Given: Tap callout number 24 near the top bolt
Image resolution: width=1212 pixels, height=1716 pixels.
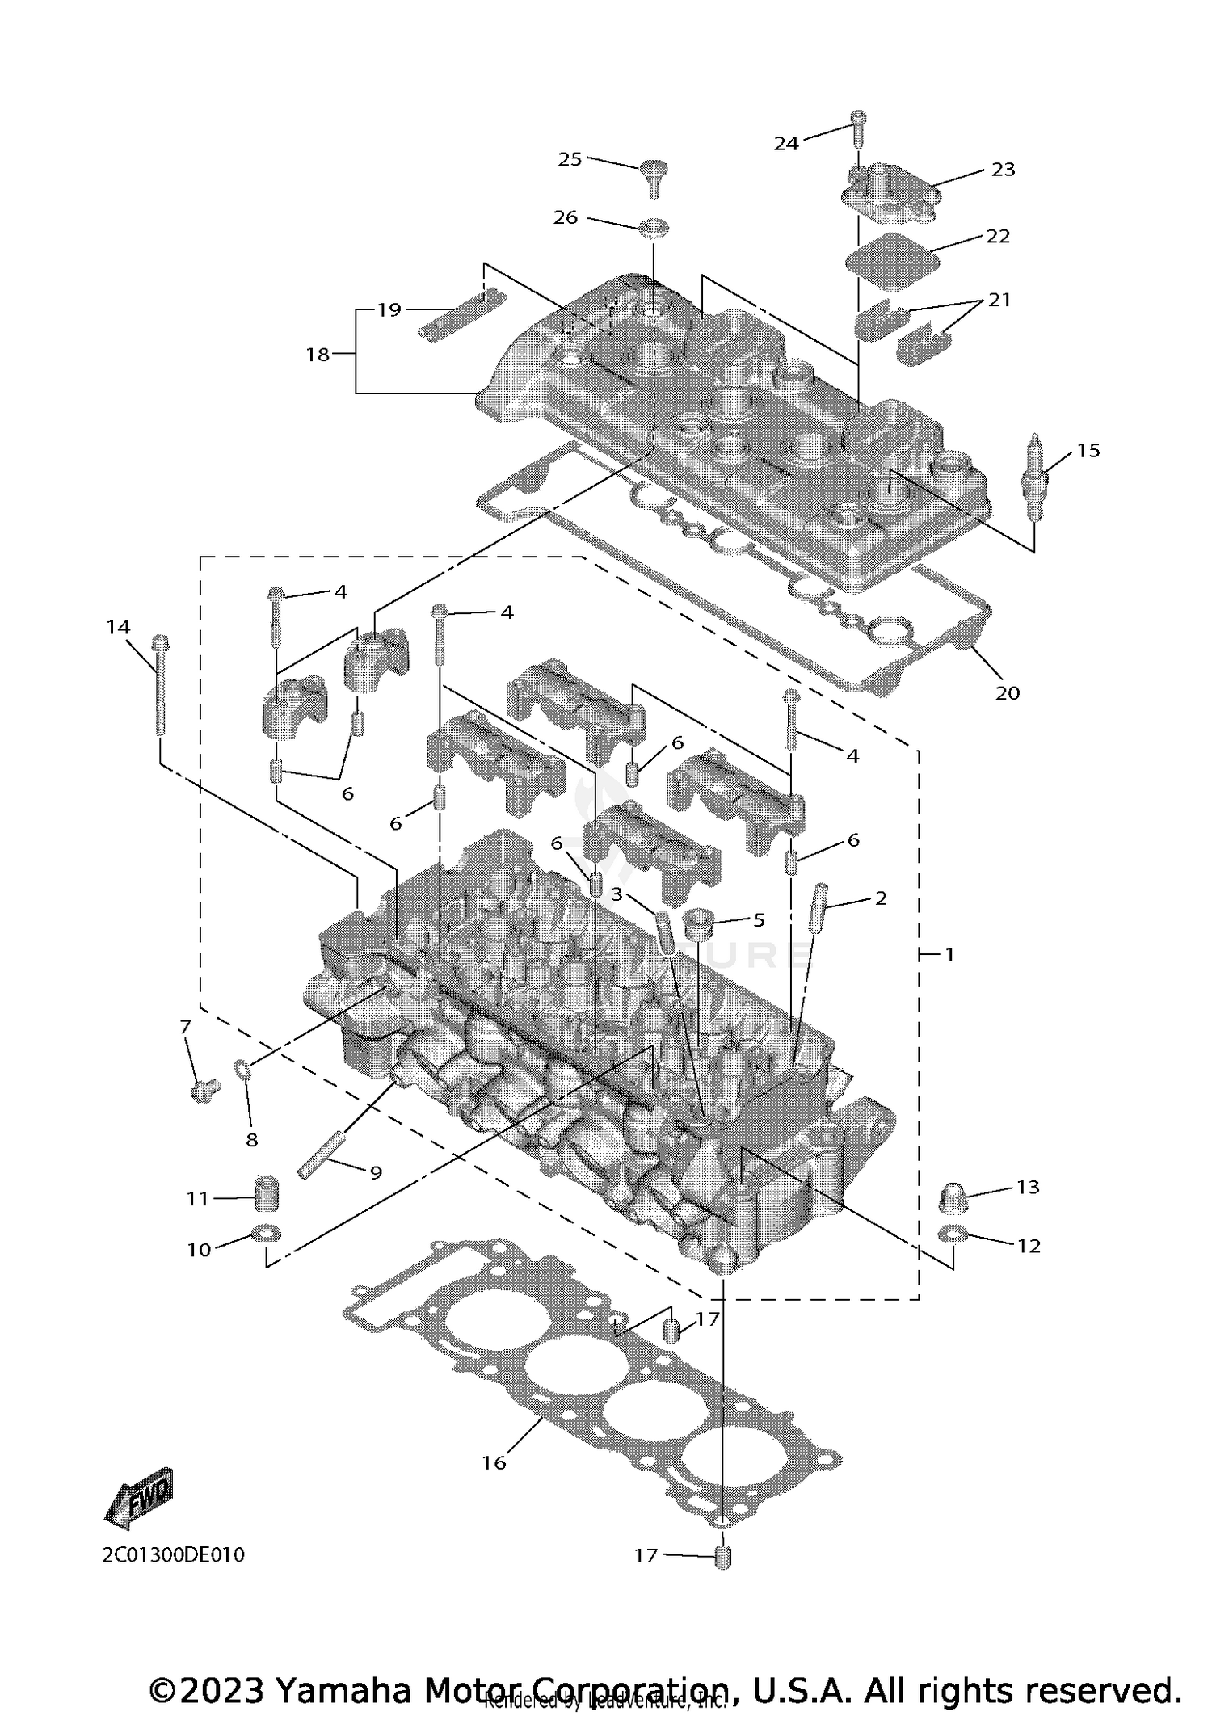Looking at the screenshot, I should pos(785,144).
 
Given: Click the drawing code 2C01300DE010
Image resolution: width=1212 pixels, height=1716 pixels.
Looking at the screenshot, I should pos(173,1554).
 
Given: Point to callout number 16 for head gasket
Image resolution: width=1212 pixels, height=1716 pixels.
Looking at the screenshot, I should pos(494,1462).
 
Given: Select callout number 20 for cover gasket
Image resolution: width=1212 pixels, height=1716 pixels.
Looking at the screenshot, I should pos(1007,692).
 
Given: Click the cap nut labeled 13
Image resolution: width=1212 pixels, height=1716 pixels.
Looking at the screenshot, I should pos(953,1198).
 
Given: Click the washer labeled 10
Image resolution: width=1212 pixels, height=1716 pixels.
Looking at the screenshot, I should pos(266,1234).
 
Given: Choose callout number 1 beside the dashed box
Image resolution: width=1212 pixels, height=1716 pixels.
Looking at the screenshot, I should pos(950,954).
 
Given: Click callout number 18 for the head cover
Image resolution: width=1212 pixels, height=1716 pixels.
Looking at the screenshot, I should pos(318,354).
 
